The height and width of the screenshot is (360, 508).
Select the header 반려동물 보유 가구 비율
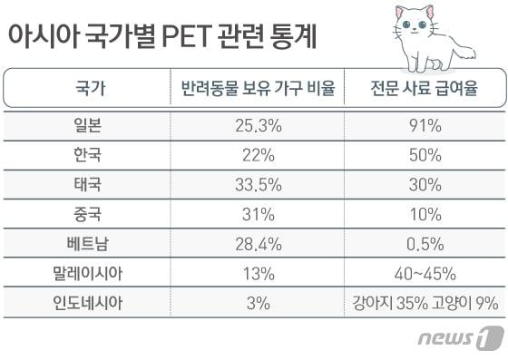pyautogui.click(x=252, y=90)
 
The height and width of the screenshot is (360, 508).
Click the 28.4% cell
pyautogui.click(x=252, y=243)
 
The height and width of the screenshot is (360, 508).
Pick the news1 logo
pyautogui.click(x=458, y=339)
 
